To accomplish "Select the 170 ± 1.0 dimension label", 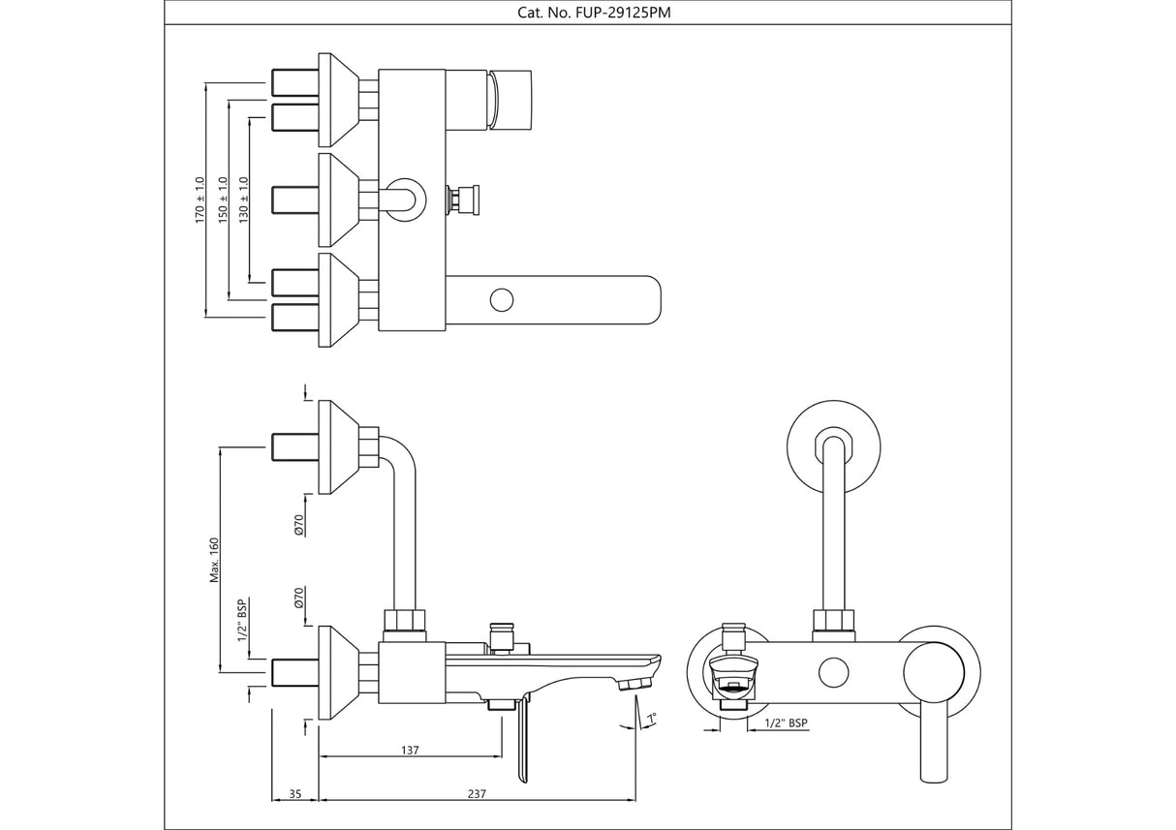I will (x=201, y=200).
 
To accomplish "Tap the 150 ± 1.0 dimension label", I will (x=223, y=200).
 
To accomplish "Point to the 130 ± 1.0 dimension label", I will (x=244, y=200).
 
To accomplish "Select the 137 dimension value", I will (x=409, y=750).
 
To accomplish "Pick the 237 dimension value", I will (x=476, y=794).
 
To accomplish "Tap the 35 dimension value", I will (x=296, y=794).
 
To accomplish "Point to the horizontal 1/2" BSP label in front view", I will (x=786, y=723).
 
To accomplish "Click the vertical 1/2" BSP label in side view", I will (x=242, y=621).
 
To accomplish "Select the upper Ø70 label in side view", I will (x=300, y=525).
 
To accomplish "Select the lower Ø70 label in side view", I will (x=300, y=598).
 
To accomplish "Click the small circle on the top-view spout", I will (x=501, y=299).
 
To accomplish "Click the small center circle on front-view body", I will (x=831, y=670).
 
